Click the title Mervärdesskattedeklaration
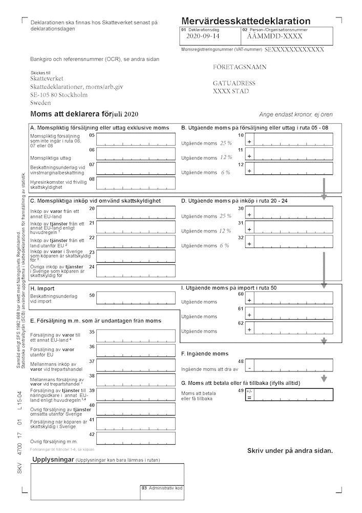tap(246, 21)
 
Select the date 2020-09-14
tap(203, 36)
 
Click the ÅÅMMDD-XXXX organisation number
tap(274, 36)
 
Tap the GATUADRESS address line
tap(234, 83)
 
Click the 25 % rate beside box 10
tap(225, 143)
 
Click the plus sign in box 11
tap(249, 155)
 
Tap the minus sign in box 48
tap(249, 368)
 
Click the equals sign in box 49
tap(249, 398)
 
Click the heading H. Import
tap(42, 289)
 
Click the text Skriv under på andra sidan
tap(290, 450)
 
